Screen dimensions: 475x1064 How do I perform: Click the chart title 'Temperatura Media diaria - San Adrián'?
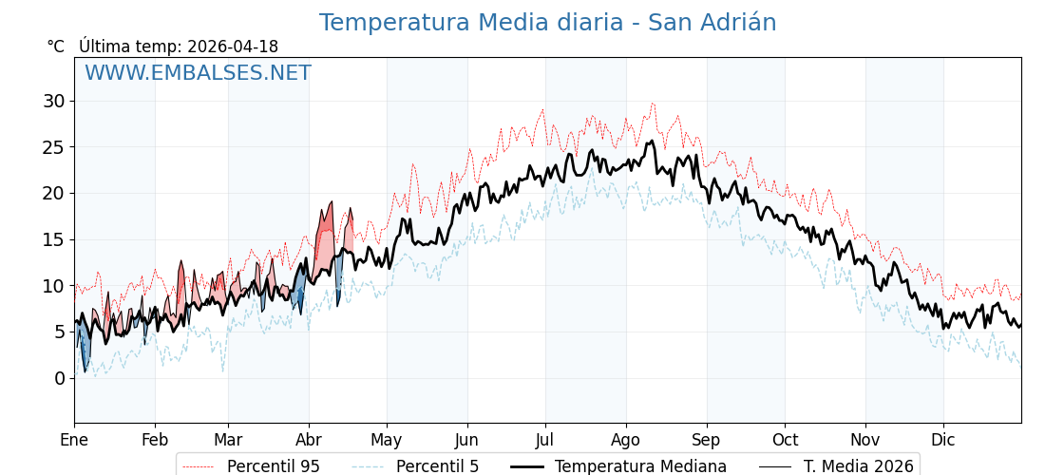coord(547,23)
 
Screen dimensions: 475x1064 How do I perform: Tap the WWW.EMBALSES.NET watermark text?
coord(198,73)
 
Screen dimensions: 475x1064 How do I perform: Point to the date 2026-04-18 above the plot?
coord(233,47)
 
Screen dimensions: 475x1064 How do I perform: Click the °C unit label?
coord(55,47)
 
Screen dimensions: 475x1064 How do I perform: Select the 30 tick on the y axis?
coord(53,101)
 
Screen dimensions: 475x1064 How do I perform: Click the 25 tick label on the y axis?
coord(53,147)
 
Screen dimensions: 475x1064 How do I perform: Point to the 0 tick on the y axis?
coord(59,378)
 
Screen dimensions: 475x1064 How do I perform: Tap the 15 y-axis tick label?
coord(53,239)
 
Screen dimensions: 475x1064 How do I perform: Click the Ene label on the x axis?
coord(74,440)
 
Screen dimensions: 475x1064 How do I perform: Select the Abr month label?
coord(309,440)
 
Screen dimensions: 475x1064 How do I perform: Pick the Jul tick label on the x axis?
coord(545,440)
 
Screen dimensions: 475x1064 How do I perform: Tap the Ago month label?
coord(626,440)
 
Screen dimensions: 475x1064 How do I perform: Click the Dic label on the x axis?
coord(943,440)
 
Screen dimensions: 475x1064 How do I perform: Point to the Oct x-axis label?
coord(785,440)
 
